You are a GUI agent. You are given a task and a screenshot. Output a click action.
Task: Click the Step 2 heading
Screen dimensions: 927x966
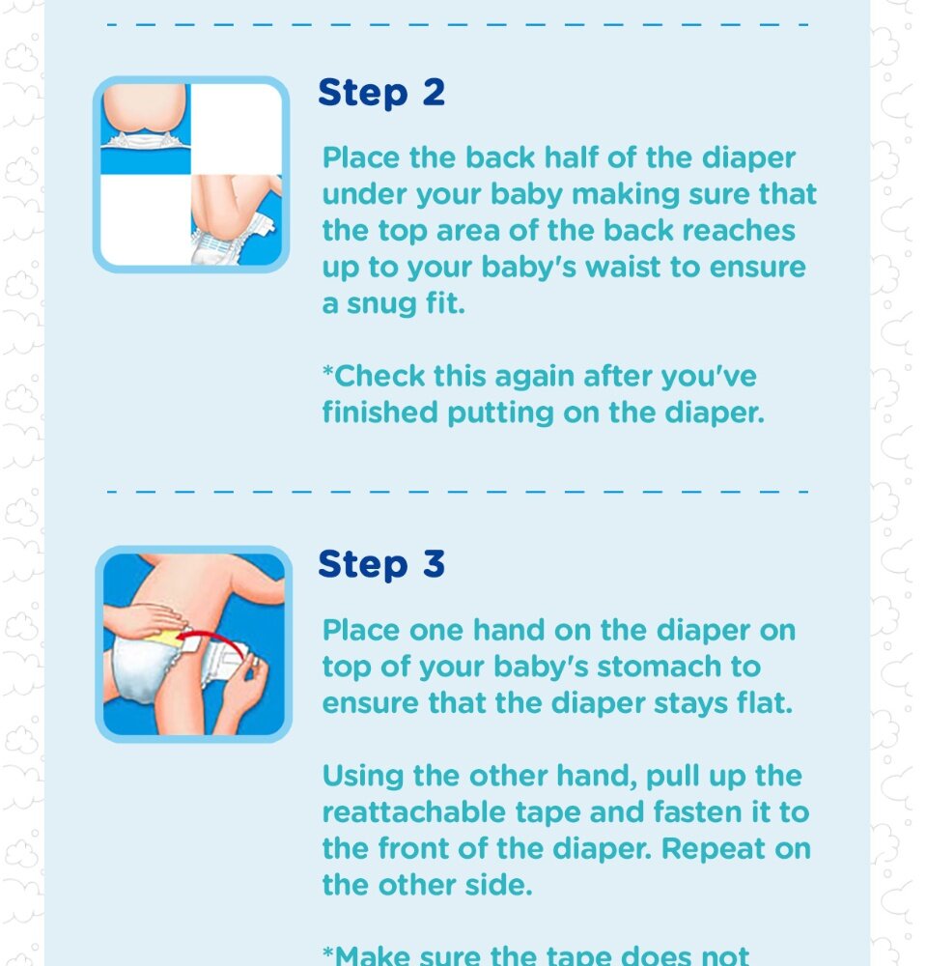[381, 93]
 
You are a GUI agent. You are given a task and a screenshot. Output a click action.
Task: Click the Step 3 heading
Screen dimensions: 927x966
[381, 564]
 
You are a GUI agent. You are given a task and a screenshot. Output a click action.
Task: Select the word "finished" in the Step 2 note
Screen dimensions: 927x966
[379, 412]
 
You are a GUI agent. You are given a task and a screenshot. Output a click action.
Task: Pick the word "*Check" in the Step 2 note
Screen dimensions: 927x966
[374, 376]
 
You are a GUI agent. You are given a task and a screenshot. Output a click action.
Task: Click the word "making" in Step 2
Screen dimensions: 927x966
[626, 195]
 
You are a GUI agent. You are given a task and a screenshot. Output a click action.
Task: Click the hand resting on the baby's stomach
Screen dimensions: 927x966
[143, 620]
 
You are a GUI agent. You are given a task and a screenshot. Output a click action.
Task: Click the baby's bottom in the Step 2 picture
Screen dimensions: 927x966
[144, 110]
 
